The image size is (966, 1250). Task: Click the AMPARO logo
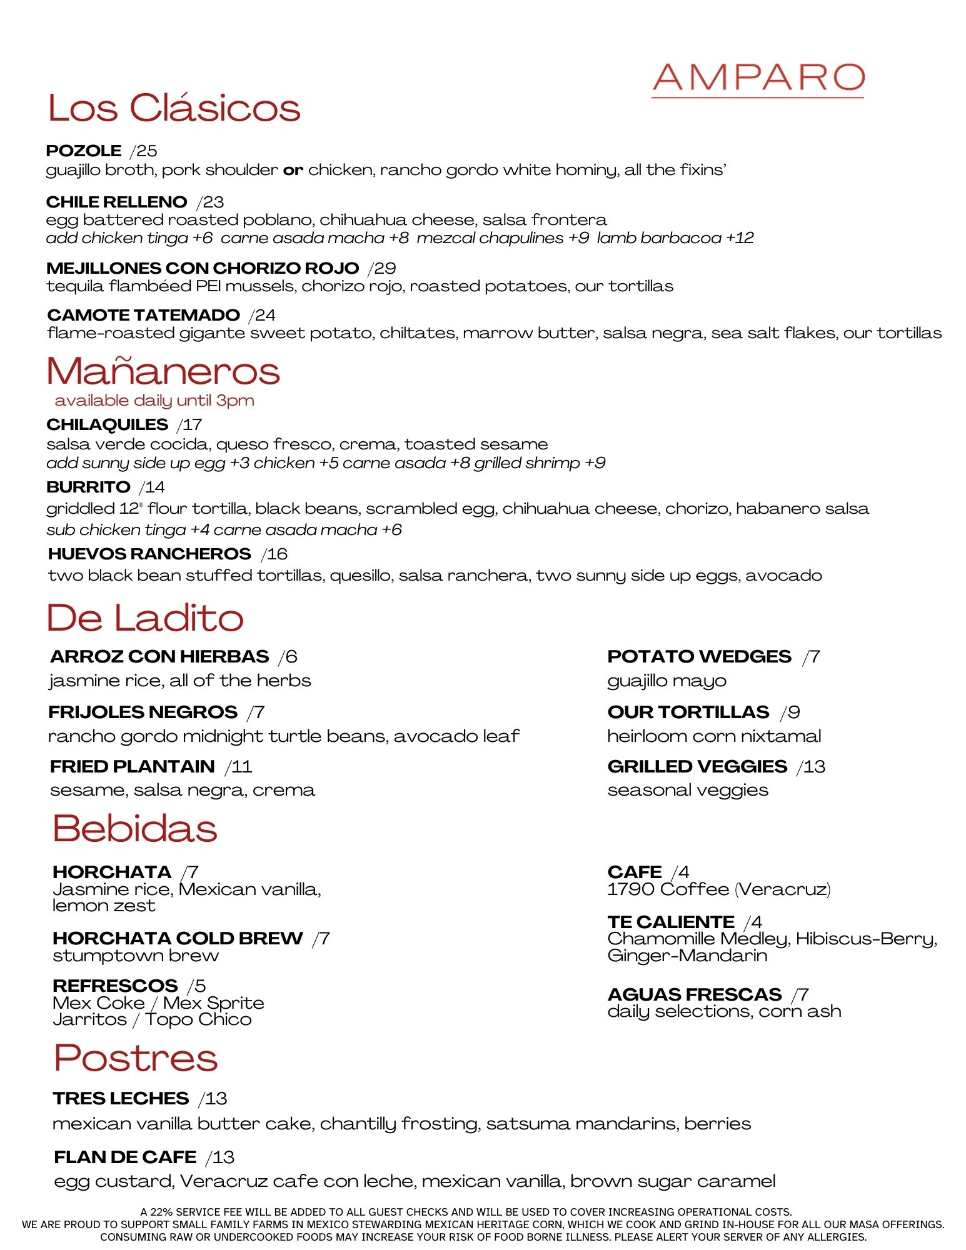tap(758, 78)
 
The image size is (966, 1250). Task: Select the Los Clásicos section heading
tap(174, 108)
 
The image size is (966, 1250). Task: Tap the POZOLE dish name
tap(84, 151)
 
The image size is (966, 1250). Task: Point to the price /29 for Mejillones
tap(382, 268)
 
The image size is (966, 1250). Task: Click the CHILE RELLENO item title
tap(116, 202)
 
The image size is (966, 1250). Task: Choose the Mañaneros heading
tap(163, 371)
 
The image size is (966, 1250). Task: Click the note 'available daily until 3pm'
tap(154, 401)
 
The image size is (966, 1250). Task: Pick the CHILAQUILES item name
tap(107, 424)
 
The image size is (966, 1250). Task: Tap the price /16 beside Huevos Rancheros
tap(274, 554)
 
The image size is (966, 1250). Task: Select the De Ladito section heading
tap(145, 618)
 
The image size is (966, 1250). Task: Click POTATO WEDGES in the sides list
tap(699, 656)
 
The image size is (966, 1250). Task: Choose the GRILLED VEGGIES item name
tap(697, 766)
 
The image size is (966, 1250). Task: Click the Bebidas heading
tap(135, 829)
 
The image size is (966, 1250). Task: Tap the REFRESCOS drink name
tap(115, 986)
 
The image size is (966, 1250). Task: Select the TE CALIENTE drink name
tap(671, 922)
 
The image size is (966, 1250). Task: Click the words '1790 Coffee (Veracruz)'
tap(719, 889)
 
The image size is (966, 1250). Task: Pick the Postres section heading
tap(136, 1057)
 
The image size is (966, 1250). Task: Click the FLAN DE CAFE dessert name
tap(125, 1157)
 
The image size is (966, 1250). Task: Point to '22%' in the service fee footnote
tap(162, 1212)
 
